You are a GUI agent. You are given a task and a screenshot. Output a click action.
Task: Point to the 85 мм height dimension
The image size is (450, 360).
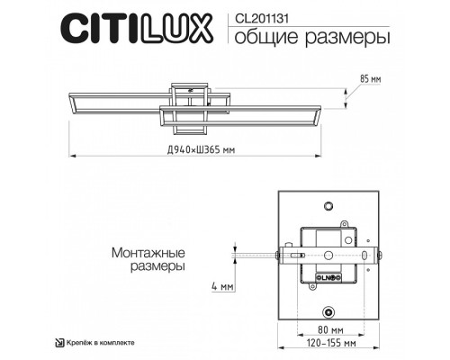coord(370,79)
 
